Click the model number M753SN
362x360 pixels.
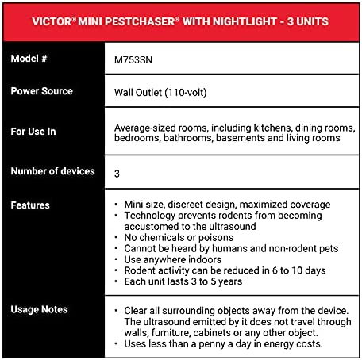coord(133,59)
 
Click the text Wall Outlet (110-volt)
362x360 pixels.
coord(164,91)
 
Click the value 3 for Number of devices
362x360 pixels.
coord(117,172)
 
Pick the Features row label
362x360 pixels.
coord(30,205)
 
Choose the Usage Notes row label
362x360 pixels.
coord(39,308)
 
